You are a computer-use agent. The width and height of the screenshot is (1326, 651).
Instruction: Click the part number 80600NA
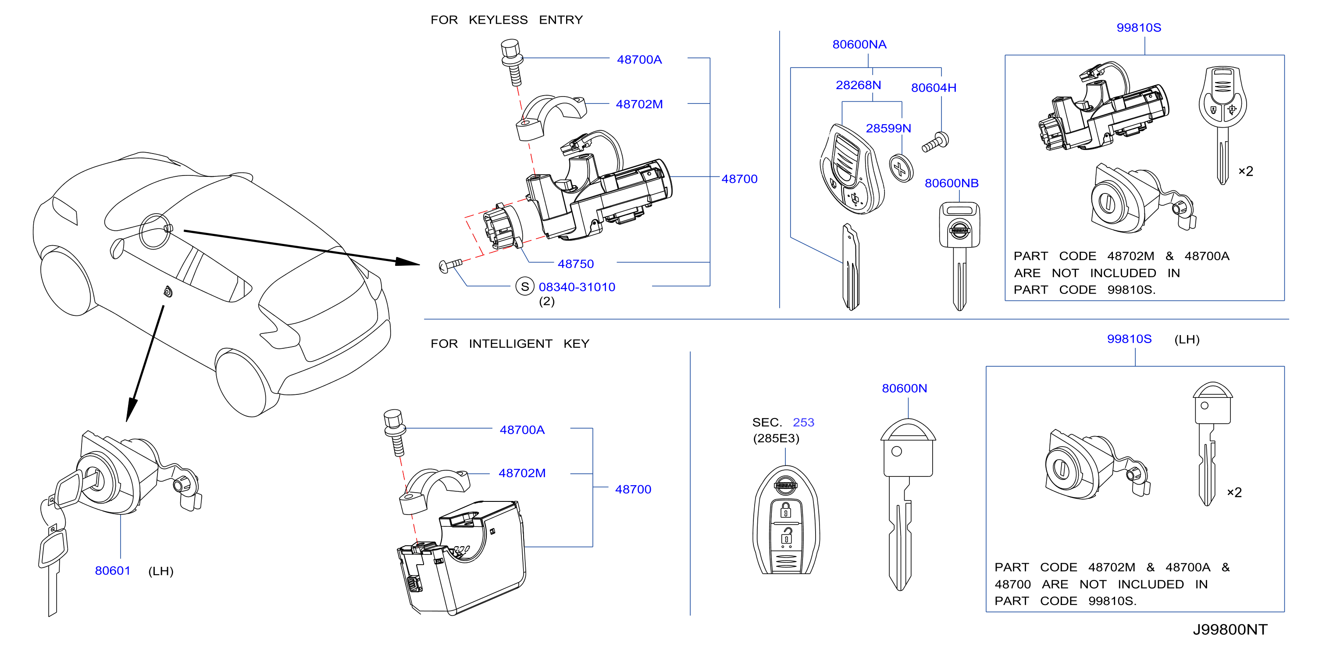(859, 44)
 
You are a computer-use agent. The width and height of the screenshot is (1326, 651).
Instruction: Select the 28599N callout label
(888, 128)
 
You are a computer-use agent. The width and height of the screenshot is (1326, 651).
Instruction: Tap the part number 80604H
(933, 88)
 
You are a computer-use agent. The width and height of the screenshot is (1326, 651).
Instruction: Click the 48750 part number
(575, 264)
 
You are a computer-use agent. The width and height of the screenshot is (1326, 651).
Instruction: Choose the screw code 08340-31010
(577, 287)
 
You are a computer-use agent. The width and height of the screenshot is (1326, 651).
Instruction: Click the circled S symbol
(524, 287)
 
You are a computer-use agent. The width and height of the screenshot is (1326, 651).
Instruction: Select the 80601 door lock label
(113, 571)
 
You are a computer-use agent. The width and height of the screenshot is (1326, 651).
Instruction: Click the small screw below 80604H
(935, 143)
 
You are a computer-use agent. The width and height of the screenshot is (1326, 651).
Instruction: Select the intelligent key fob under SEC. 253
(785, 520)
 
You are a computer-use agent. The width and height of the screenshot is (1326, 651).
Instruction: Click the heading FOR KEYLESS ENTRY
(506, 20)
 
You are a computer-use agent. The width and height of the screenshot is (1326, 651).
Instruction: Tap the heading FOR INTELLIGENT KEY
(510, 343)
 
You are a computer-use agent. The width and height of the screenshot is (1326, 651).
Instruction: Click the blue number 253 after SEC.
(803, 422)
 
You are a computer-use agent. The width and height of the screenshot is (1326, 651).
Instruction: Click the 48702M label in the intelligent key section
(521, 473)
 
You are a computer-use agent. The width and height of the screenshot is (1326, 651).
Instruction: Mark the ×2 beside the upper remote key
(1245, 171)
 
